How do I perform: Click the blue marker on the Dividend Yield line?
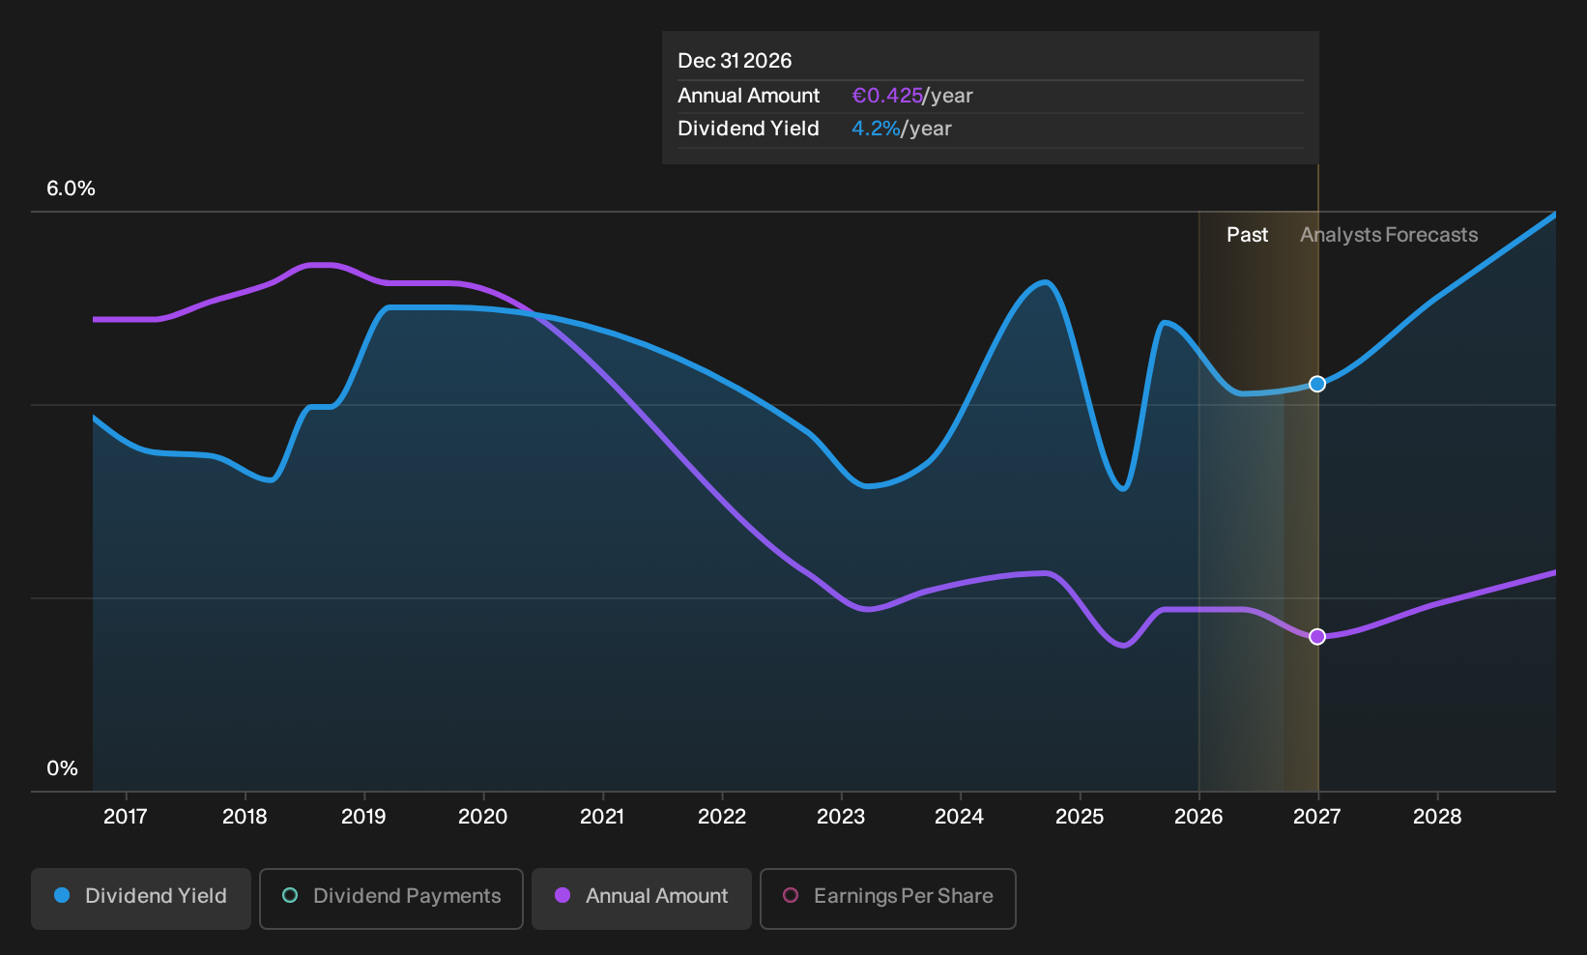pos(1317,384)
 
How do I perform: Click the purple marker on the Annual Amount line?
pos(1317,637)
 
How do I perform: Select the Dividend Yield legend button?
pos(141,898)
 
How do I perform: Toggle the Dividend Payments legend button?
pos(391,898)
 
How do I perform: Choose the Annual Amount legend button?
pos(641,898)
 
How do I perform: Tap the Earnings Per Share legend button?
pos(887,898)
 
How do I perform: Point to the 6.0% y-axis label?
pos(71,188)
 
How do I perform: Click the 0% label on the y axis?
pos(63,768)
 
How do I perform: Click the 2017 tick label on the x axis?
pos(126,817)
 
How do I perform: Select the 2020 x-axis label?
pos(482,817)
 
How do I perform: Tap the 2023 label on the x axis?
pos(841,817)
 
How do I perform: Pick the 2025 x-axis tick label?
pos(1080,817)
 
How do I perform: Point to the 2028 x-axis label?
pos(1437,817)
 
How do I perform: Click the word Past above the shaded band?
pos(1247,235)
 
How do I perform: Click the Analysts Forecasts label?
pos(1389,235)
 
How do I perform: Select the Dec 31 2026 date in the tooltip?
pos(735,61)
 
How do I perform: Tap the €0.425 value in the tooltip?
pos(887,96)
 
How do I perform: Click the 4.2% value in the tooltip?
pos(876,129)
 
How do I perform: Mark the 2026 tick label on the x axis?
pos(1198,817)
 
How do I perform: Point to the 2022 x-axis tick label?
pos(722,817)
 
